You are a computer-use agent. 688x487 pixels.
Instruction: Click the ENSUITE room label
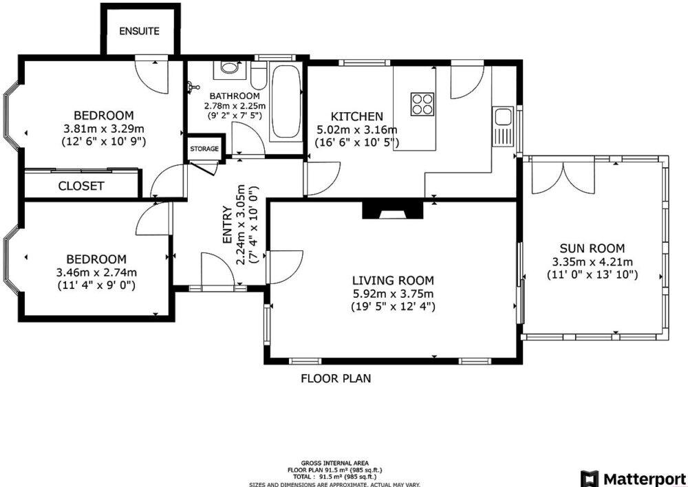tap(139, 31)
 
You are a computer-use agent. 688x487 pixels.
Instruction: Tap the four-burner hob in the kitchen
tap(423, 103)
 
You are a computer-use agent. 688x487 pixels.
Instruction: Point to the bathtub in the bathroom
tap(285, 103)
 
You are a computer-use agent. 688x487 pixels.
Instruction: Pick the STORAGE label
tap(204, 149)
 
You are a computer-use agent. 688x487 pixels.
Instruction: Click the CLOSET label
tap(81, 186)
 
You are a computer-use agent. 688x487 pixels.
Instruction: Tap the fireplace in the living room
tap(393, 210)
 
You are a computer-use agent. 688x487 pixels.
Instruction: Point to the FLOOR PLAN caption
tap(336, 378)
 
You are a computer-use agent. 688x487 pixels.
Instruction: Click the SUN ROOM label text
tap(592, 248)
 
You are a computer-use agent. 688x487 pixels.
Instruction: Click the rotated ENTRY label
tap(227, 225)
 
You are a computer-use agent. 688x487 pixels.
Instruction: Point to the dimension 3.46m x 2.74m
tap(96, 272)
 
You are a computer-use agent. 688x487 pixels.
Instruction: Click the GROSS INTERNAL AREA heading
tap(334, 463)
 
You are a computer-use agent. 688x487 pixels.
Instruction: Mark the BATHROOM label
tap(235, 96)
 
